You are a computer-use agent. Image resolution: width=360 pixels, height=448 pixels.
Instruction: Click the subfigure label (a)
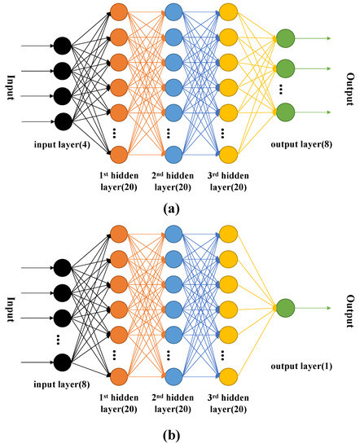pos(171,209)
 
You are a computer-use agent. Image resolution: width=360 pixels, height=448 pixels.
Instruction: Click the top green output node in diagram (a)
pos(285,37)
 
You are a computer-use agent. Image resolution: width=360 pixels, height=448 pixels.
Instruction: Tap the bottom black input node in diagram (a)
pos(62,122)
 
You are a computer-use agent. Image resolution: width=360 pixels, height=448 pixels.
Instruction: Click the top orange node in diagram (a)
pos(120,12)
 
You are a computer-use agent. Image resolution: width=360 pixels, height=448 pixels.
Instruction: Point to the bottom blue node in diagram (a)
pos(173,154)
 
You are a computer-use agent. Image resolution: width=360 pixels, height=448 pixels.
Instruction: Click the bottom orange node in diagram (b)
pos(120,376)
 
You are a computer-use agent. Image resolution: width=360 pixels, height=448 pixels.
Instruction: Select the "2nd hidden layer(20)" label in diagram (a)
pos(173,182)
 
